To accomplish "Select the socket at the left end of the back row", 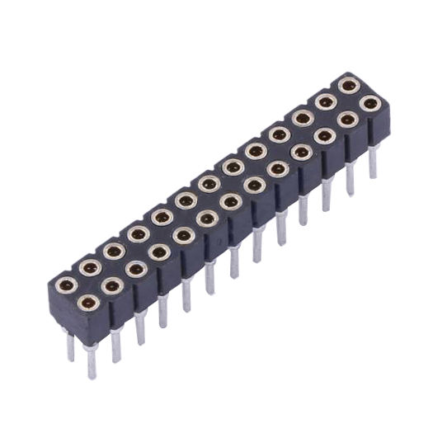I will (67, 285).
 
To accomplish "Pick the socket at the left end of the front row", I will (90, 303).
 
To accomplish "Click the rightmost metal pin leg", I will (373, 162).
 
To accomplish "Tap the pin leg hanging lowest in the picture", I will (90, 363).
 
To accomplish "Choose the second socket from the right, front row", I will (347, 120).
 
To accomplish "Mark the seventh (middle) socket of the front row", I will (231, 201).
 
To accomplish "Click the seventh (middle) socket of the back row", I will (209, 183).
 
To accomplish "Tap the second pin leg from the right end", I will (351, 178).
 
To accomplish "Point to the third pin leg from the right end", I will (327, 195).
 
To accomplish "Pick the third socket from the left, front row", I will (137, 269).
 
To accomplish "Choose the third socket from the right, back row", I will (302, 118).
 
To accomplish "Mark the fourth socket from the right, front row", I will (301, 152).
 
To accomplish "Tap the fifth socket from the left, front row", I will (184, 235).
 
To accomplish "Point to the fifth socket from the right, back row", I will (256, 150).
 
